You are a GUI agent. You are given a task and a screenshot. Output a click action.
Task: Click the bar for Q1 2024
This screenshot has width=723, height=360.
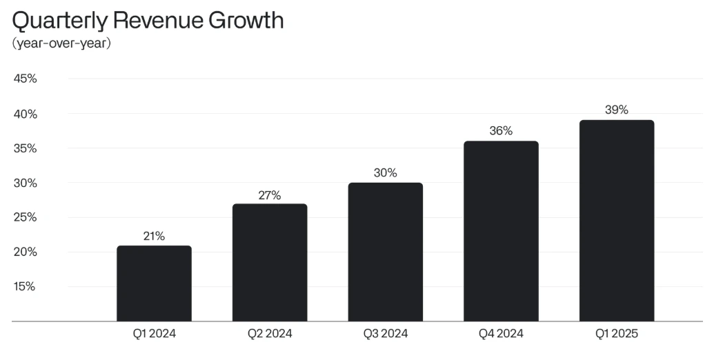[154, 283]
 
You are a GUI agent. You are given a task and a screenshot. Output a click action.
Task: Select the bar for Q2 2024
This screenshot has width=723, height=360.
[270, 263]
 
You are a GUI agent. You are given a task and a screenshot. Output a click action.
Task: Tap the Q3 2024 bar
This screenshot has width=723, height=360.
[385, 252]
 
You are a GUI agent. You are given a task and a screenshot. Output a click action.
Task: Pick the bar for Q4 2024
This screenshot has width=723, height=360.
[501, 231]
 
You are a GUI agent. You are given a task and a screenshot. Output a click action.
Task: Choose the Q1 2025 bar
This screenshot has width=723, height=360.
[616, 221]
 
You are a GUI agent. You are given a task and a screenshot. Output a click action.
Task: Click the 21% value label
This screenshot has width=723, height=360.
[154, 236]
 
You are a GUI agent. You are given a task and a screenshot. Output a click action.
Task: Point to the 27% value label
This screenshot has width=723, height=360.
[270, 195]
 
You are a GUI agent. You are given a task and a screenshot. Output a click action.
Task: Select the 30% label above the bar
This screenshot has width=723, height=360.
[385, 173]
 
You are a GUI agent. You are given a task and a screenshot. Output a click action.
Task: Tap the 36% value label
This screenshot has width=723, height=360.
[501, 131]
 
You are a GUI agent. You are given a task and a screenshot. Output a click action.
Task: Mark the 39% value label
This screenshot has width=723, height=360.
[616, 110]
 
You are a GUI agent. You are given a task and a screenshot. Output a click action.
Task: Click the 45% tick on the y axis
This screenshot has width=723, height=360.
[25, 79]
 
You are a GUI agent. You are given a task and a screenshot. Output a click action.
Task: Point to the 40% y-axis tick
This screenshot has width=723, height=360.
[25, 114]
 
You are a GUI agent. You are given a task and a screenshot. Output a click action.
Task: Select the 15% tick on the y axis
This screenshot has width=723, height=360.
[25, 286]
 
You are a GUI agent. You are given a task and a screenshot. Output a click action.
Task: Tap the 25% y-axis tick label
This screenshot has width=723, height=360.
[25, 217]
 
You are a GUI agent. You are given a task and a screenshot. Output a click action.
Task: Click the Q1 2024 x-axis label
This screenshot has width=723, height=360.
[154, 334]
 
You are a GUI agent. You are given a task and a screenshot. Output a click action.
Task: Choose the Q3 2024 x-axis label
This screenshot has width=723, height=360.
[385, 334]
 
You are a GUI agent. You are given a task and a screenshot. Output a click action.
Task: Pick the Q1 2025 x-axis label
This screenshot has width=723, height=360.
[616, 334]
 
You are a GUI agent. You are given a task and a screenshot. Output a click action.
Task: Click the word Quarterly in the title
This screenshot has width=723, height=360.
[59, 21]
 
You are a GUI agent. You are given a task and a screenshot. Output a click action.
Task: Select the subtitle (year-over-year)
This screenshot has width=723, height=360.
[61, 43]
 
